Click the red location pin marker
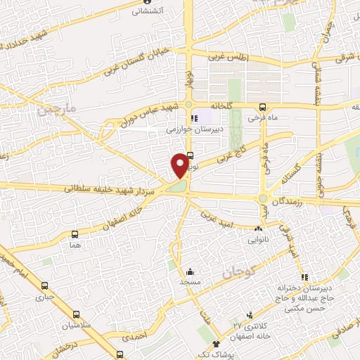pyautogui.click(x=181, y=165)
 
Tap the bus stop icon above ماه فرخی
pyautogui.click(x=262, y=108)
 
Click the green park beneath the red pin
pyautogui.click(x=178, y=186)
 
